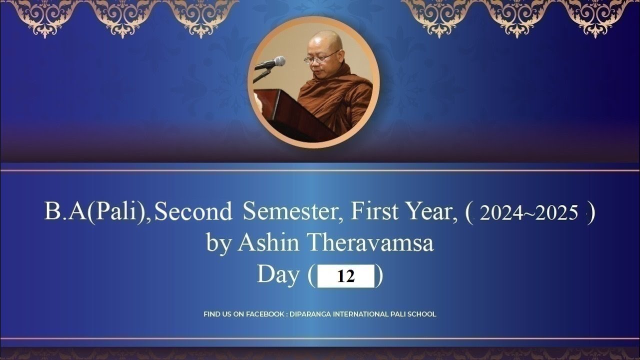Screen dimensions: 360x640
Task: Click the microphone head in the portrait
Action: click(278, 62)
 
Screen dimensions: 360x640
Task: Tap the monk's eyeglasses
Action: click(320, 58)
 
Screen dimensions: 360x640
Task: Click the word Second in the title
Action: click(193, 212)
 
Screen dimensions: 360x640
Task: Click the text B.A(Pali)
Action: click(97, 212)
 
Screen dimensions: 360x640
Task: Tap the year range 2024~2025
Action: click(529, 213)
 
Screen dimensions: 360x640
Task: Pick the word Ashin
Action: click(268, 243)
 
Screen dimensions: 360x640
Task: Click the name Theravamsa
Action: click(370, 243)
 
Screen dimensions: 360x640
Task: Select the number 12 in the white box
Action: click(345, 276)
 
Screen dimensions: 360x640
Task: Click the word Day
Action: click(278, 275)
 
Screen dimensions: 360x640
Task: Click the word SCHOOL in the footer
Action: click(422, 314)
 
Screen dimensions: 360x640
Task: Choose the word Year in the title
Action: click(431, 212)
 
